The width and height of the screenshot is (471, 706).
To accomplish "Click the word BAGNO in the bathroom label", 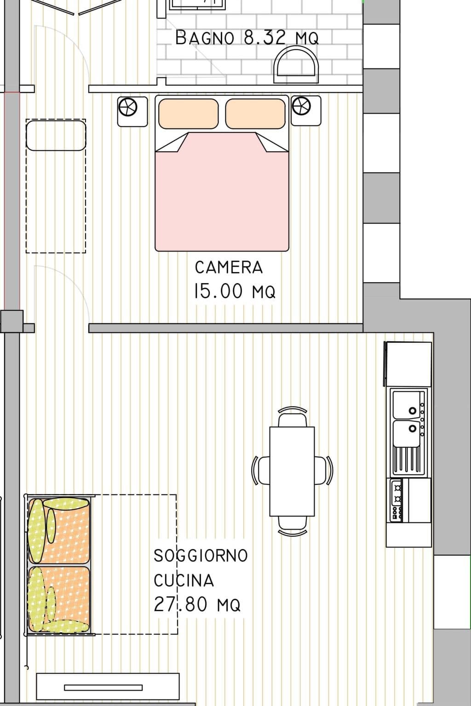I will [205, 38].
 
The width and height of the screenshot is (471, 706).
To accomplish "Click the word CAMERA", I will [229, 268].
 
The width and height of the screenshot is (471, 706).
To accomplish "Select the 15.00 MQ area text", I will [235, 291].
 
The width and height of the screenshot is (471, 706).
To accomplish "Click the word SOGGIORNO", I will [201, 556].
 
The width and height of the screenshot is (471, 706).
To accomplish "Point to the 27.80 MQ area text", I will [197, 604].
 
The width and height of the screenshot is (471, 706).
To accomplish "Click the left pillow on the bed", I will [188, 114].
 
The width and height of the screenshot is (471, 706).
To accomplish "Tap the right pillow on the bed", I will [255, 114].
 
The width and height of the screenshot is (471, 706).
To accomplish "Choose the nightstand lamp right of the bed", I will [302, 107].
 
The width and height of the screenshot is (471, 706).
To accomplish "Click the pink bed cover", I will [222, 198].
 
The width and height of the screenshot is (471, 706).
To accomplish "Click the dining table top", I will [292, 471].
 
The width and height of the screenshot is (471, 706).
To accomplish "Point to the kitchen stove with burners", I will [396, 501].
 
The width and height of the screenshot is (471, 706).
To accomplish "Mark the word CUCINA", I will [184, 581].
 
